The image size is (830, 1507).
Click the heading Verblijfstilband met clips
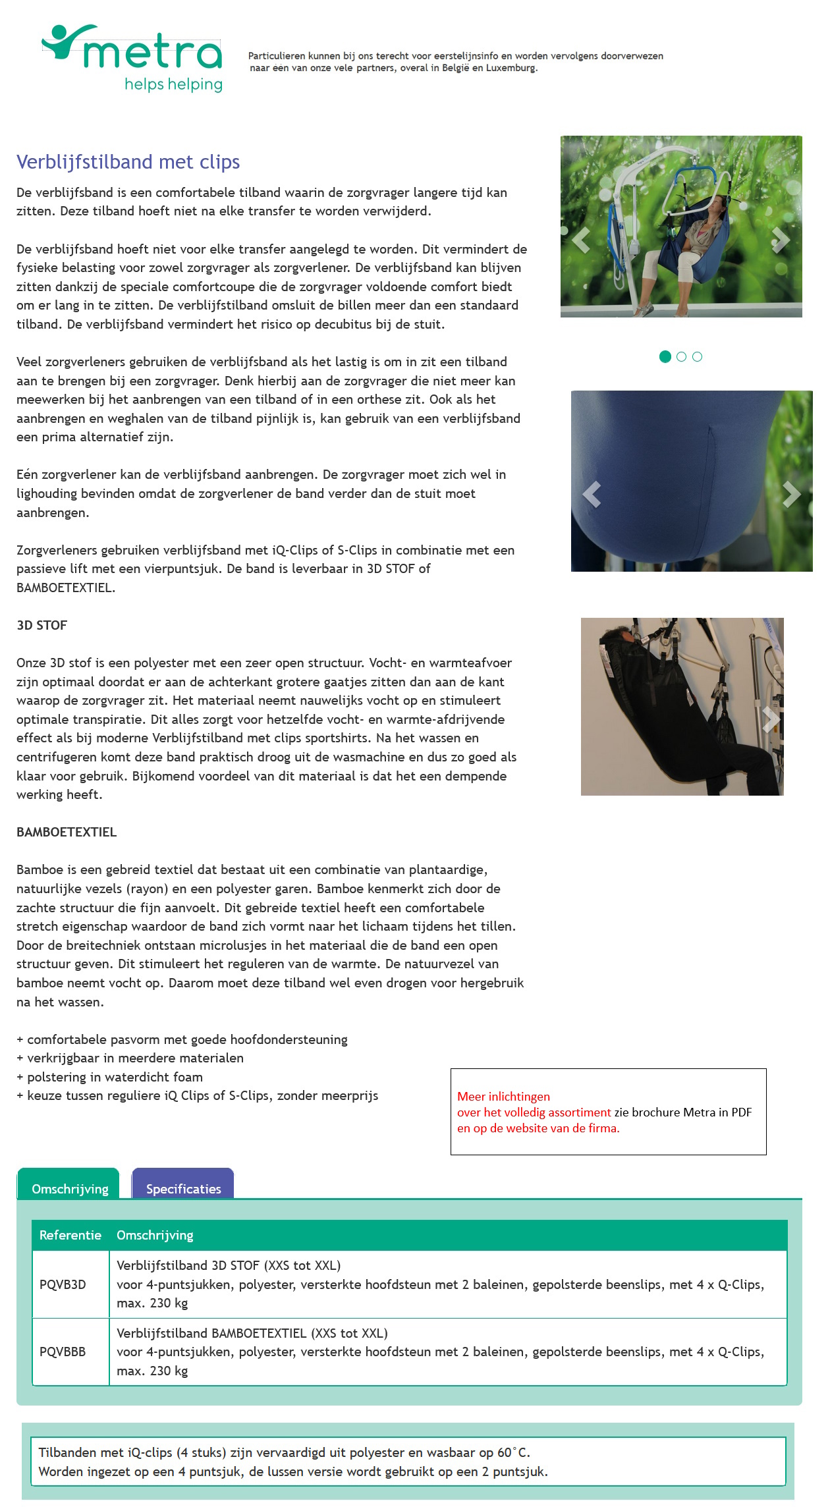click(x=128, y=162)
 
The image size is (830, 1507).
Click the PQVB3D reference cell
click(x=63, y=1284)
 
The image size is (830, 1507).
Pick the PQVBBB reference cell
click(x=63, y=1351)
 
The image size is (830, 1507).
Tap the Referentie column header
click(x=70, y=1234)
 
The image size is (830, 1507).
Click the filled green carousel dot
click(x=665, y=356)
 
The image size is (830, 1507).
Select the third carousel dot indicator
click(x=698, y=356)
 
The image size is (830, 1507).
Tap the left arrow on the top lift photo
click(x=580, y=240)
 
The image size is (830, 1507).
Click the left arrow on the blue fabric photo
click(x=592, y=494)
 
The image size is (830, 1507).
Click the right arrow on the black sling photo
click(x=770, y=719)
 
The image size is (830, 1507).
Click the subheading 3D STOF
click(x=42, y=625)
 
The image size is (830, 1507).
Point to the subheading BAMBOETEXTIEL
click(x=67, y=832)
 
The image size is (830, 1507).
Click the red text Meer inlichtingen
click(x=503, y=1096)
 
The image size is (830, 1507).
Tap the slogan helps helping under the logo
click(x=173, y=84)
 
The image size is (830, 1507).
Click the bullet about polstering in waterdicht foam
click(x=111, y=1077)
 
